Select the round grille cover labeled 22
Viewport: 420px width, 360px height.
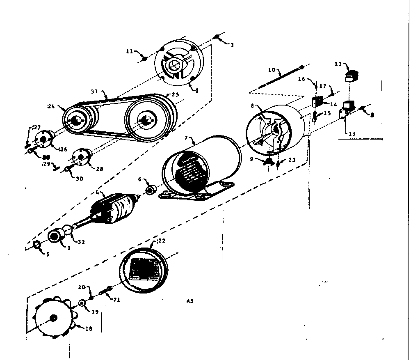click(143, 271)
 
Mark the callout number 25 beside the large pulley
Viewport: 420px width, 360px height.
click(175, 94)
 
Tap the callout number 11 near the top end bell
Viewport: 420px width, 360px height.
click(130, 51)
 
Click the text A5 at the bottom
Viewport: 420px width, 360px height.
click(189, 301)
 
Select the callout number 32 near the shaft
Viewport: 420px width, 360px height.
click(81, 242)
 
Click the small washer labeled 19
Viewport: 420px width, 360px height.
click(82, 303)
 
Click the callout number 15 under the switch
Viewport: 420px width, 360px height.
click(327, 113)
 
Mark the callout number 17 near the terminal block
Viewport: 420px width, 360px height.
click(322, 86)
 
